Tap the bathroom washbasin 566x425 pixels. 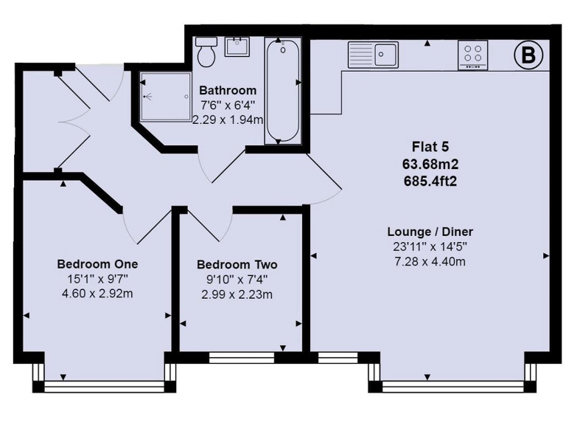[237, 46]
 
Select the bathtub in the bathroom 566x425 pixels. [283, 90]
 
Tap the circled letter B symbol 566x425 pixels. [528, 55]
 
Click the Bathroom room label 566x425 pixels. [228, 91]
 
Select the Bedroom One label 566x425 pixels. [97, 264]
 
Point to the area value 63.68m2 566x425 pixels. [430, 165]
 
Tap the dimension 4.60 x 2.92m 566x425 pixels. [97, 294]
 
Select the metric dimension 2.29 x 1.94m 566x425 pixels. [228, 119]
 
